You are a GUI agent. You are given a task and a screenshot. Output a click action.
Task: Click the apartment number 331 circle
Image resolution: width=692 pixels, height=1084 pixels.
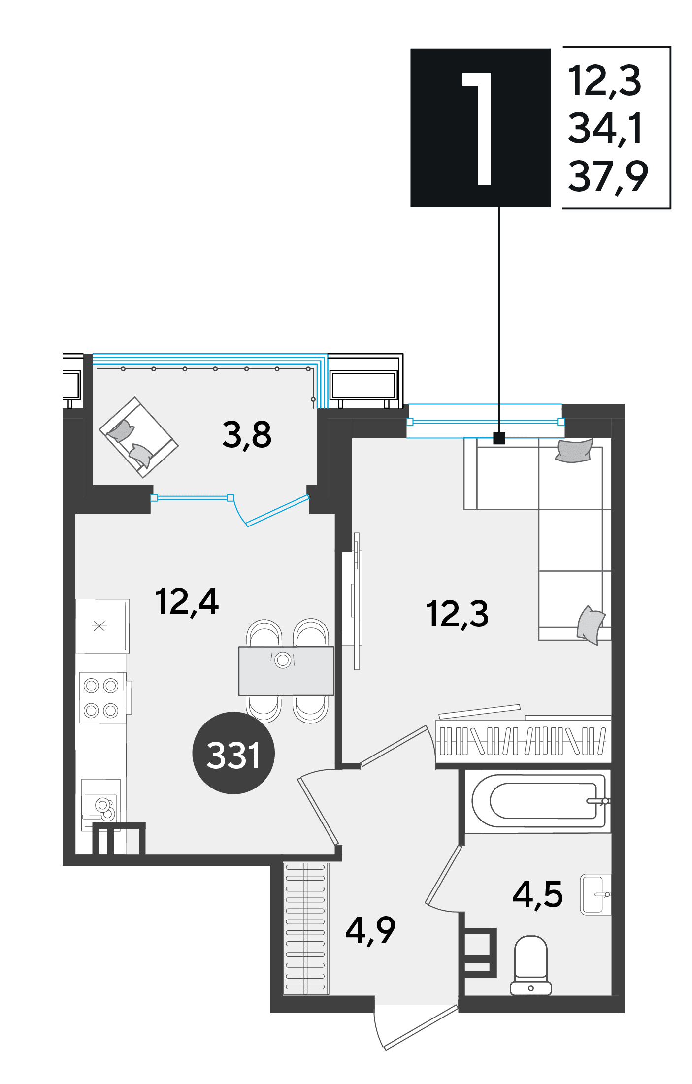(x=233, y=753)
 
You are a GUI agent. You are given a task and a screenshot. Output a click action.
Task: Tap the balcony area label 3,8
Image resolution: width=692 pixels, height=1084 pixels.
(x=247, y=435)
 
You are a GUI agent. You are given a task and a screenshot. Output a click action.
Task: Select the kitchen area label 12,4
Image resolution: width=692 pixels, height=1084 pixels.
(x=187, y=602)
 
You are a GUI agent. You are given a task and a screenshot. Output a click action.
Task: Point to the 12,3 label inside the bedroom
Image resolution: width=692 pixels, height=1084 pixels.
(x=458, y=614)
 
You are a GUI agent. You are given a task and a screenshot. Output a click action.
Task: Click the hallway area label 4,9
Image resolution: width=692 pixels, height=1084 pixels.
(x=370, y=930)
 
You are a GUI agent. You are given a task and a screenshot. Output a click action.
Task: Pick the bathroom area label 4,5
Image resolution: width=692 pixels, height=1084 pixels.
(x=538, y=894)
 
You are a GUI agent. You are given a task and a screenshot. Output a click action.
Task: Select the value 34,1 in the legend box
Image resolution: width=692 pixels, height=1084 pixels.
(x=605, y=128)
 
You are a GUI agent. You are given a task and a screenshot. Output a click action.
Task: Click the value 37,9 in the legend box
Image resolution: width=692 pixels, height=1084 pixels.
(x=608, y=176)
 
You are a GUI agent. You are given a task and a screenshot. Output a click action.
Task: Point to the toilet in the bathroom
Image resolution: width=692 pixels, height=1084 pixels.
(x=531, y=966)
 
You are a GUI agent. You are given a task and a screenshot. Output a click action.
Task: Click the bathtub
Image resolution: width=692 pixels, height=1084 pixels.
(x=539, y=801)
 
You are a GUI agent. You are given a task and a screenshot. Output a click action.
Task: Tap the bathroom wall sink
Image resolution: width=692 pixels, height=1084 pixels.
(x=595, y=895)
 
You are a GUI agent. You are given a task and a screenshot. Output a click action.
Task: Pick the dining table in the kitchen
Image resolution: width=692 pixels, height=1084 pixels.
(x=286, y=671)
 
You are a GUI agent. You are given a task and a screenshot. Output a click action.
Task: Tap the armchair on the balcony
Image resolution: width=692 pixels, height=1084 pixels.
(x=139, y=437)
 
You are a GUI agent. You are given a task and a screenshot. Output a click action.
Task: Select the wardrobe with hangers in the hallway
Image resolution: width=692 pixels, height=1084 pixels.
(x=306, y=928)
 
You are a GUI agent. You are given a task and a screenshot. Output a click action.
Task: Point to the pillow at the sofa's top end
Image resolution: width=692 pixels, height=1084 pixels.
(x=574, y=451)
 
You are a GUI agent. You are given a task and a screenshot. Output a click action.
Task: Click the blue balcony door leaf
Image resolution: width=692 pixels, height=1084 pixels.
(x=278, y=511)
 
